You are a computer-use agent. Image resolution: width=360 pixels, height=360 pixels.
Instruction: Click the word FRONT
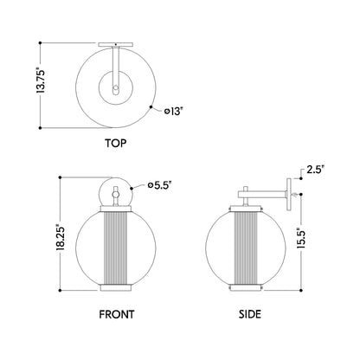[115, 317]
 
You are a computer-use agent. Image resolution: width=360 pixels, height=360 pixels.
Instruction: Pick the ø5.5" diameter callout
[160, 184]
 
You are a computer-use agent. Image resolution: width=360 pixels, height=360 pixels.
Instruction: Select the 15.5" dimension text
[299, 239]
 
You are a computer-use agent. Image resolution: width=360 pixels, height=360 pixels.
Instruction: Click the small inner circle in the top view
[115, 87]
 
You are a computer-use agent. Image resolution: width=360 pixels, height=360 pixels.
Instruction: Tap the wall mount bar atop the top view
[115, 42]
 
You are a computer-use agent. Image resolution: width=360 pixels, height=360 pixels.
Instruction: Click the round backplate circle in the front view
[115, 192]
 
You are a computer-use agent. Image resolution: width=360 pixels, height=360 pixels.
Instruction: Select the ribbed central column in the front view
[115, 246]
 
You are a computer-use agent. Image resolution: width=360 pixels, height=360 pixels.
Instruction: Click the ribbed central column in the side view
[250, 246]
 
